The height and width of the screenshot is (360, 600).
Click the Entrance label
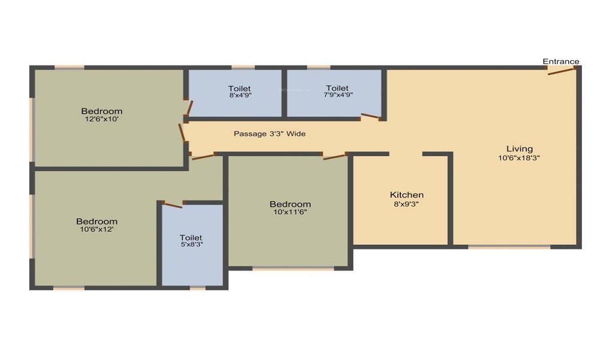tap(560, 61)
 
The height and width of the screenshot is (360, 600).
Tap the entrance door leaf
tap(561, 71)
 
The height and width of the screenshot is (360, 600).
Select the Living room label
tap(519, 149)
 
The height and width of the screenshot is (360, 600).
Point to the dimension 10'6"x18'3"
tap(519, 158)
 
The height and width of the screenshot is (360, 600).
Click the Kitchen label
tap(406, 195)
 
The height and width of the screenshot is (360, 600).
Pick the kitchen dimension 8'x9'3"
tap(406, 204)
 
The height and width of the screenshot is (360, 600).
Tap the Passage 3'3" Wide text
tap(270, 134)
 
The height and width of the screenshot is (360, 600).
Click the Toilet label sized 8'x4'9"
tap(239, 89)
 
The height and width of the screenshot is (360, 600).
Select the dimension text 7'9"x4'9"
tap(338, 94)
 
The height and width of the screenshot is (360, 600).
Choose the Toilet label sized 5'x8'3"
tap(191, 238)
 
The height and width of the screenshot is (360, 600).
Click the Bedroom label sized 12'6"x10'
tap(102, 112)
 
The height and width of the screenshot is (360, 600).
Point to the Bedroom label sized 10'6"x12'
tap(97, 221)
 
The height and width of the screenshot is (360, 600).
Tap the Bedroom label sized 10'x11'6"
tap(290, 204)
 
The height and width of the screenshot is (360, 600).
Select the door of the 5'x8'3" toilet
tap(173, 205)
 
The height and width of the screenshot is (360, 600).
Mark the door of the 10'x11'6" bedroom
tap(334, 157)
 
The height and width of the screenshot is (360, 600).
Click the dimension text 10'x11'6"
tap(290, 212)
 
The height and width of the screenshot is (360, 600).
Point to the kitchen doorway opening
tap(406, 154)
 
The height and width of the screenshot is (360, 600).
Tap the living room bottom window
tap(509, 247)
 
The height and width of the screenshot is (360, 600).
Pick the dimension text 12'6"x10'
tap(102, 119)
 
